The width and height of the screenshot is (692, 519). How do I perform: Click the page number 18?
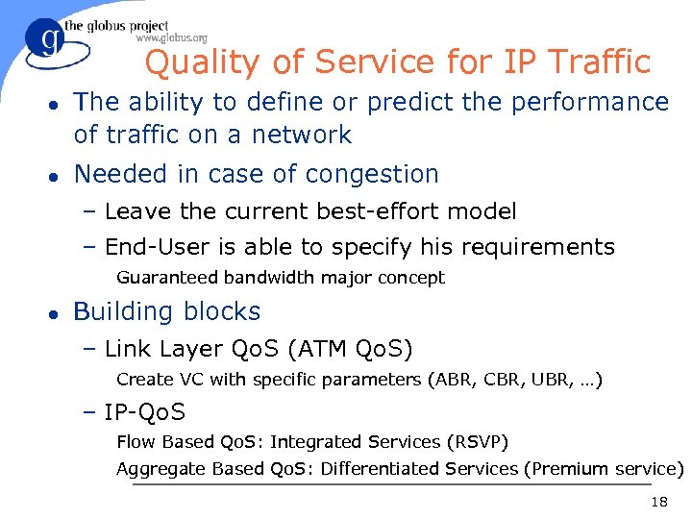coord(659,503)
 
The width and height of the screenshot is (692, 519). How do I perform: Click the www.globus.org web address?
coord(172,38)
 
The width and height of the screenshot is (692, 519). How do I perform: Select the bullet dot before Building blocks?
coord(55,312)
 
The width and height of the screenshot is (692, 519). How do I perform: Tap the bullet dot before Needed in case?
coord(55,175)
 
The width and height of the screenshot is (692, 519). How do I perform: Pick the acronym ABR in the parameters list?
coord(449,380)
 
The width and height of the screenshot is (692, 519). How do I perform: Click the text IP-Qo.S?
coord(145,412)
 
